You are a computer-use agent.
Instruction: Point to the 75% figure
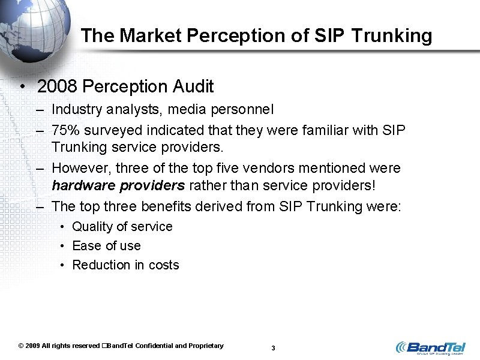coord(64,130)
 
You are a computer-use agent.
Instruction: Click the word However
coord(78,168)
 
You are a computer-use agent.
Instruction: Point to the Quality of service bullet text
coord(122,227)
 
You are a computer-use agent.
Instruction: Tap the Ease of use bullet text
coord(106,246)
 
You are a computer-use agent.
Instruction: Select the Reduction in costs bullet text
coord(125,265)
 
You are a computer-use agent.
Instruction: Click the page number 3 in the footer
coord(273,348)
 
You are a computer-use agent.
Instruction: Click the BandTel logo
coord(429,348)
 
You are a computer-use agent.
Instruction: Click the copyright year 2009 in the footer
coord(32,346)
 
